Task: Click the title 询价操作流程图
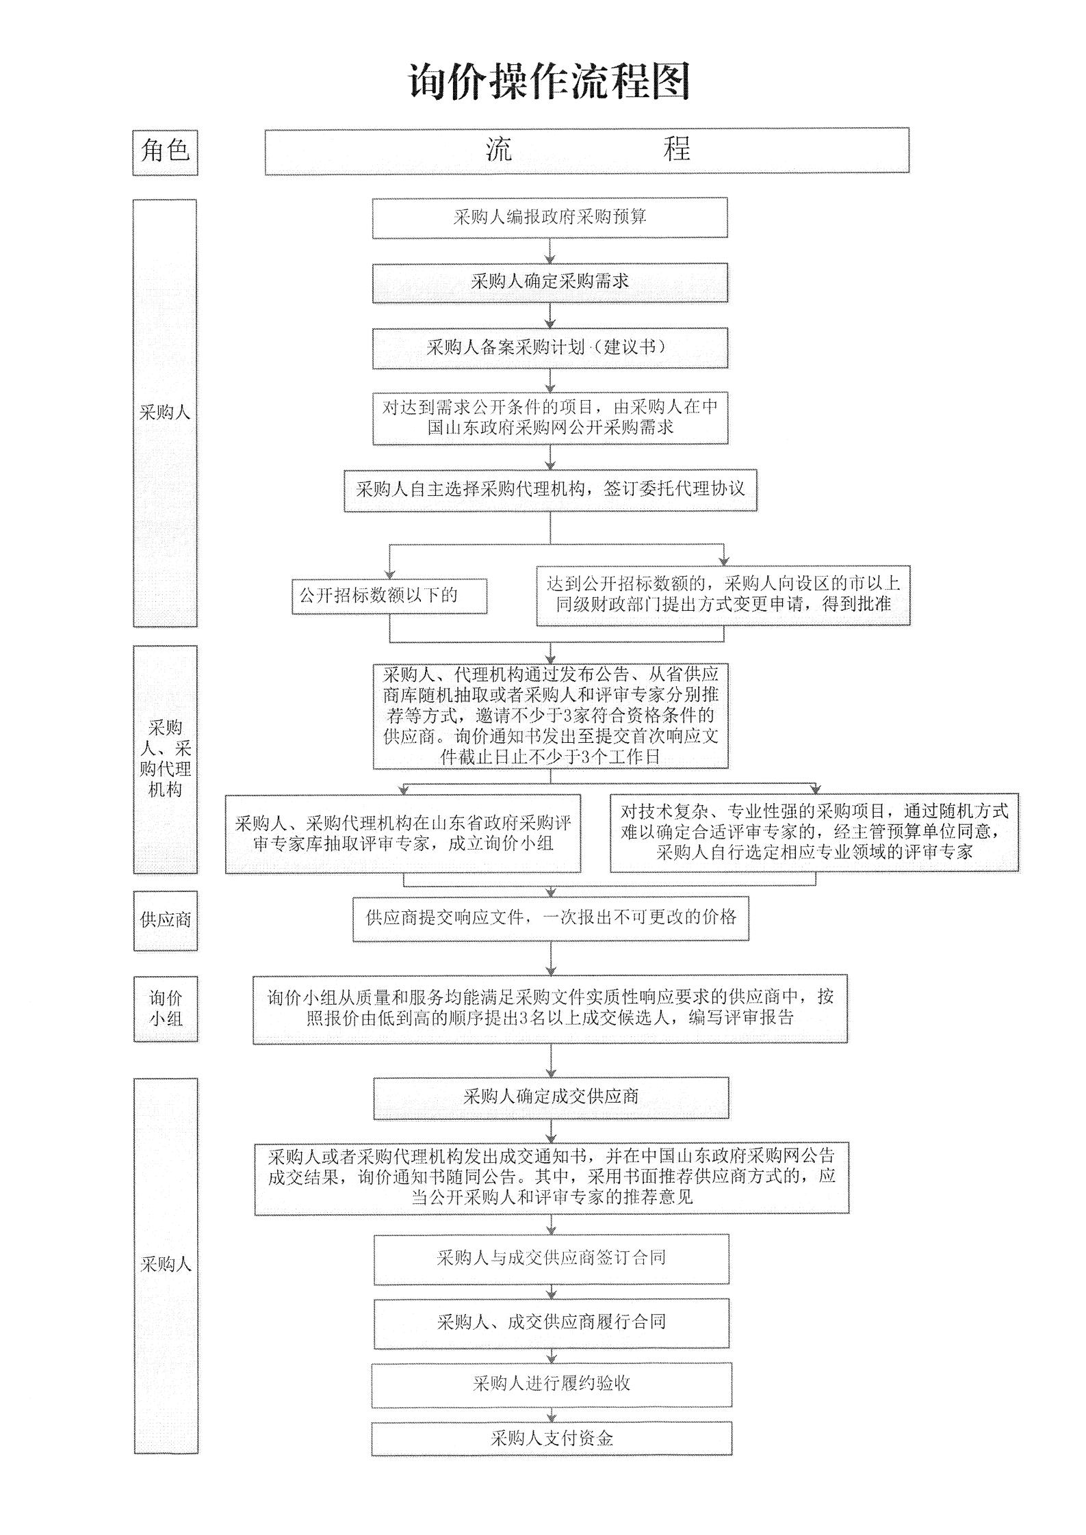click(550, 82)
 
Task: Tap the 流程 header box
click(586, 150)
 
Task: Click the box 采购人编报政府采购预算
click(550, 218)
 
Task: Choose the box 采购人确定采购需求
click(550, 282)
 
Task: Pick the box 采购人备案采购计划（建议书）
click(550, 347)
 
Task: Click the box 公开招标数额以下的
click(389, 596)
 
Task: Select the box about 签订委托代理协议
click(550, 490)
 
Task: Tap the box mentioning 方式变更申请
click(723, 594)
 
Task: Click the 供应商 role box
click(165, 920)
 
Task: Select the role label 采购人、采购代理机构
click(165, 759)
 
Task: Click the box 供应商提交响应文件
click(550, 918)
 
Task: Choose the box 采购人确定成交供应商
click(550, 1098)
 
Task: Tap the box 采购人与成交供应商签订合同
click(551, 1259)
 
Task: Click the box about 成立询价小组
click(403, 832)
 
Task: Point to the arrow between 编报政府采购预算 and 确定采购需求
click(550, 250)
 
